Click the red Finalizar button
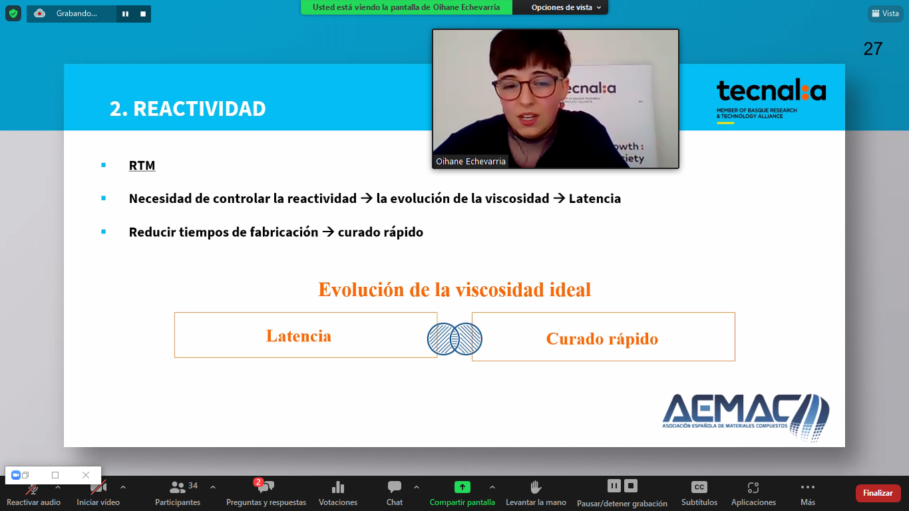(878, 493)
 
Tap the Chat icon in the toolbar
(394, 486)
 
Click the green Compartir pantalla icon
(462, 486)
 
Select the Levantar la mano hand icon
(536, 486)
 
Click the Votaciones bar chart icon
(337, 486)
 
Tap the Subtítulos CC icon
(699, 486)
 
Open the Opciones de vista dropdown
(566, 7)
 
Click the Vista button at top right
(886, 13)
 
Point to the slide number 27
(873, 49)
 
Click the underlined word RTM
(142, 166)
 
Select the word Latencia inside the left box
(299, 336)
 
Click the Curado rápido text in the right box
(602, 339)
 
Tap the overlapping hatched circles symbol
(454, 339)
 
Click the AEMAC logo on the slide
(746, 417)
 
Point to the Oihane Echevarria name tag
(470, 161)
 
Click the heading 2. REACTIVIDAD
(188, 108)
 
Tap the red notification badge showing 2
(258, 482)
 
